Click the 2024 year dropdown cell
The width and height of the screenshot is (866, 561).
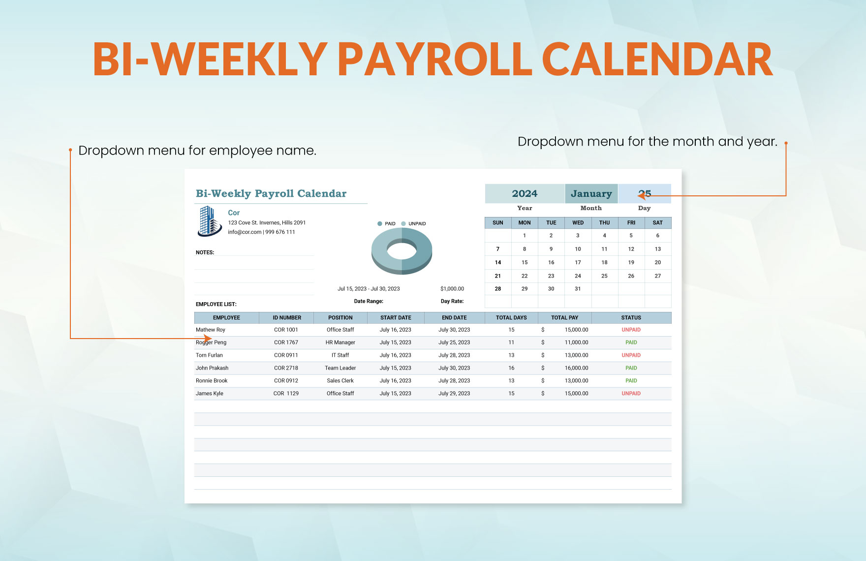coord(525,193)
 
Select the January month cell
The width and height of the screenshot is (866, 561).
coord(591,193)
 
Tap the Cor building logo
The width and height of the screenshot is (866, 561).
coord(210,221)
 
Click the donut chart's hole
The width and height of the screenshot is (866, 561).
coord(402,250)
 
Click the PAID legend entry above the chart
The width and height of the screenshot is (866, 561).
coord(386,223)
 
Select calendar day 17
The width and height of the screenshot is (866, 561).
coord(578,262)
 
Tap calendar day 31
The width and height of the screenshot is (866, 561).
coord(578,289)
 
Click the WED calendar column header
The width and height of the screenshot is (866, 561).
coord(578,223)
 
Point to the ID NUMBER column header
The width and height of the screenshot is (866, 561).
coord(287,318)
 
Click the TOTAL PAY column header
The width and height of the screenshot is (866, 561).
coord(564,318)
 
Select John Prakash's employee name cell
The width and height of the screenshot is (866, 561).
coord(212,368)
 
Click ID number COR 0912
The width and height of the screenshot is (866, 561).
coord(286,381)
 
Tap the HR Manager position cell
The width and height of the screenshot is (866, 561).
coord(340,343)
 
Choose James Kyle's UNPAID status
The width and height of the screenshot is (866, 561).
coord(631,394)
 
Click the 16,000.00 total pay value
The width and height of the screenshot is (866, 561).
coord(576,368)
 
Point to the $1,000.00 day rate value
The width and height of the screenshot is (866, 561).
coord(452,289)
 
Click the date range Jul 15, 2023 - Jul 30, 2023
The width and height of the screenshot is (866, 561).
coord(369,289)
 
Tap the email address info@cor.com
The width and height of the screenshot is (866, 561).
coord(245,232)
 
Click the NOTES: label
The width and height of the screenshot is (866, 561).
coord(205,252)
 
